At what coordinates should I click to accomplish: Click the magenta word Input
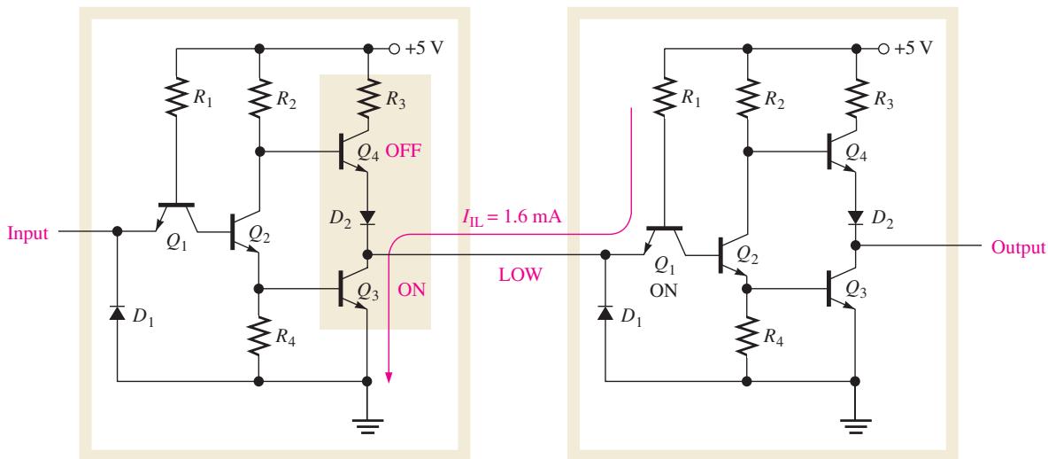click(28, 234)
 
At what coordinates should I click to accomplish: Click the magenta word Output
click(1018, 247)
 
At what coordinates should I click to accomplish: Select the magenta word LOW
click(520, 275)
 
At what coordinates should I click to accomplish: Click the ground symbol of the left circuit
click(366, 424)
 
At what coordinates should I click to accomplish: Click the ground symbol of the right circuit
click(856, 424)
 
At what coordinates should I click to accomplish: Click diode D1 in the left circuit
click(117, 313)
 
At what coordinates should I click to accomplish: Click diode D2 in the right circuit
click(856, 218)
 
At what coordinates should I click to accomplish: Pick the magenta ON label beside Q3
click(411, 290)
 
